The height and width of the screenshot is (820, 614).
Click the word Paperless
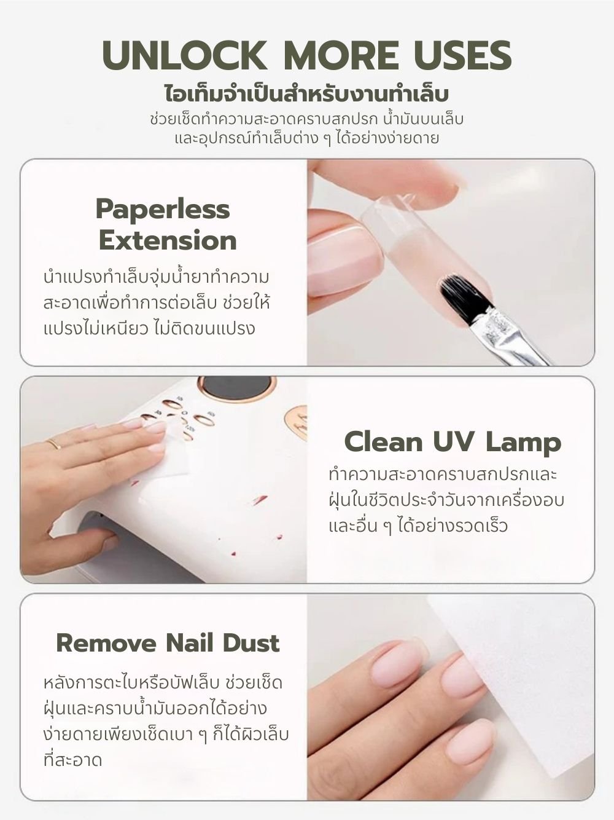point(163,210)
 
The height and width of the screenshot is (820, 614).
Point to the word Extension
point(168,241)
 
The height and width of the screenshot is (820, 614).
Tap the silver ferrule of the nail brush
point(502,326)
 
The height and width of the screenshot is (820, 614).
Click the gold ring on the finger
point(53,444)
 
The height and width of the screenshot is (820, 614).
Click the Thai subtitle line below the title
point(306,95)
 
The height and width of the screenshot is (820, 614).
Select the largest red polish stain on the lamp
point(260,499)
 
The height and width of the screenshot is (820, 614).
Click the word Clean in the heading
point(383,443)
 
